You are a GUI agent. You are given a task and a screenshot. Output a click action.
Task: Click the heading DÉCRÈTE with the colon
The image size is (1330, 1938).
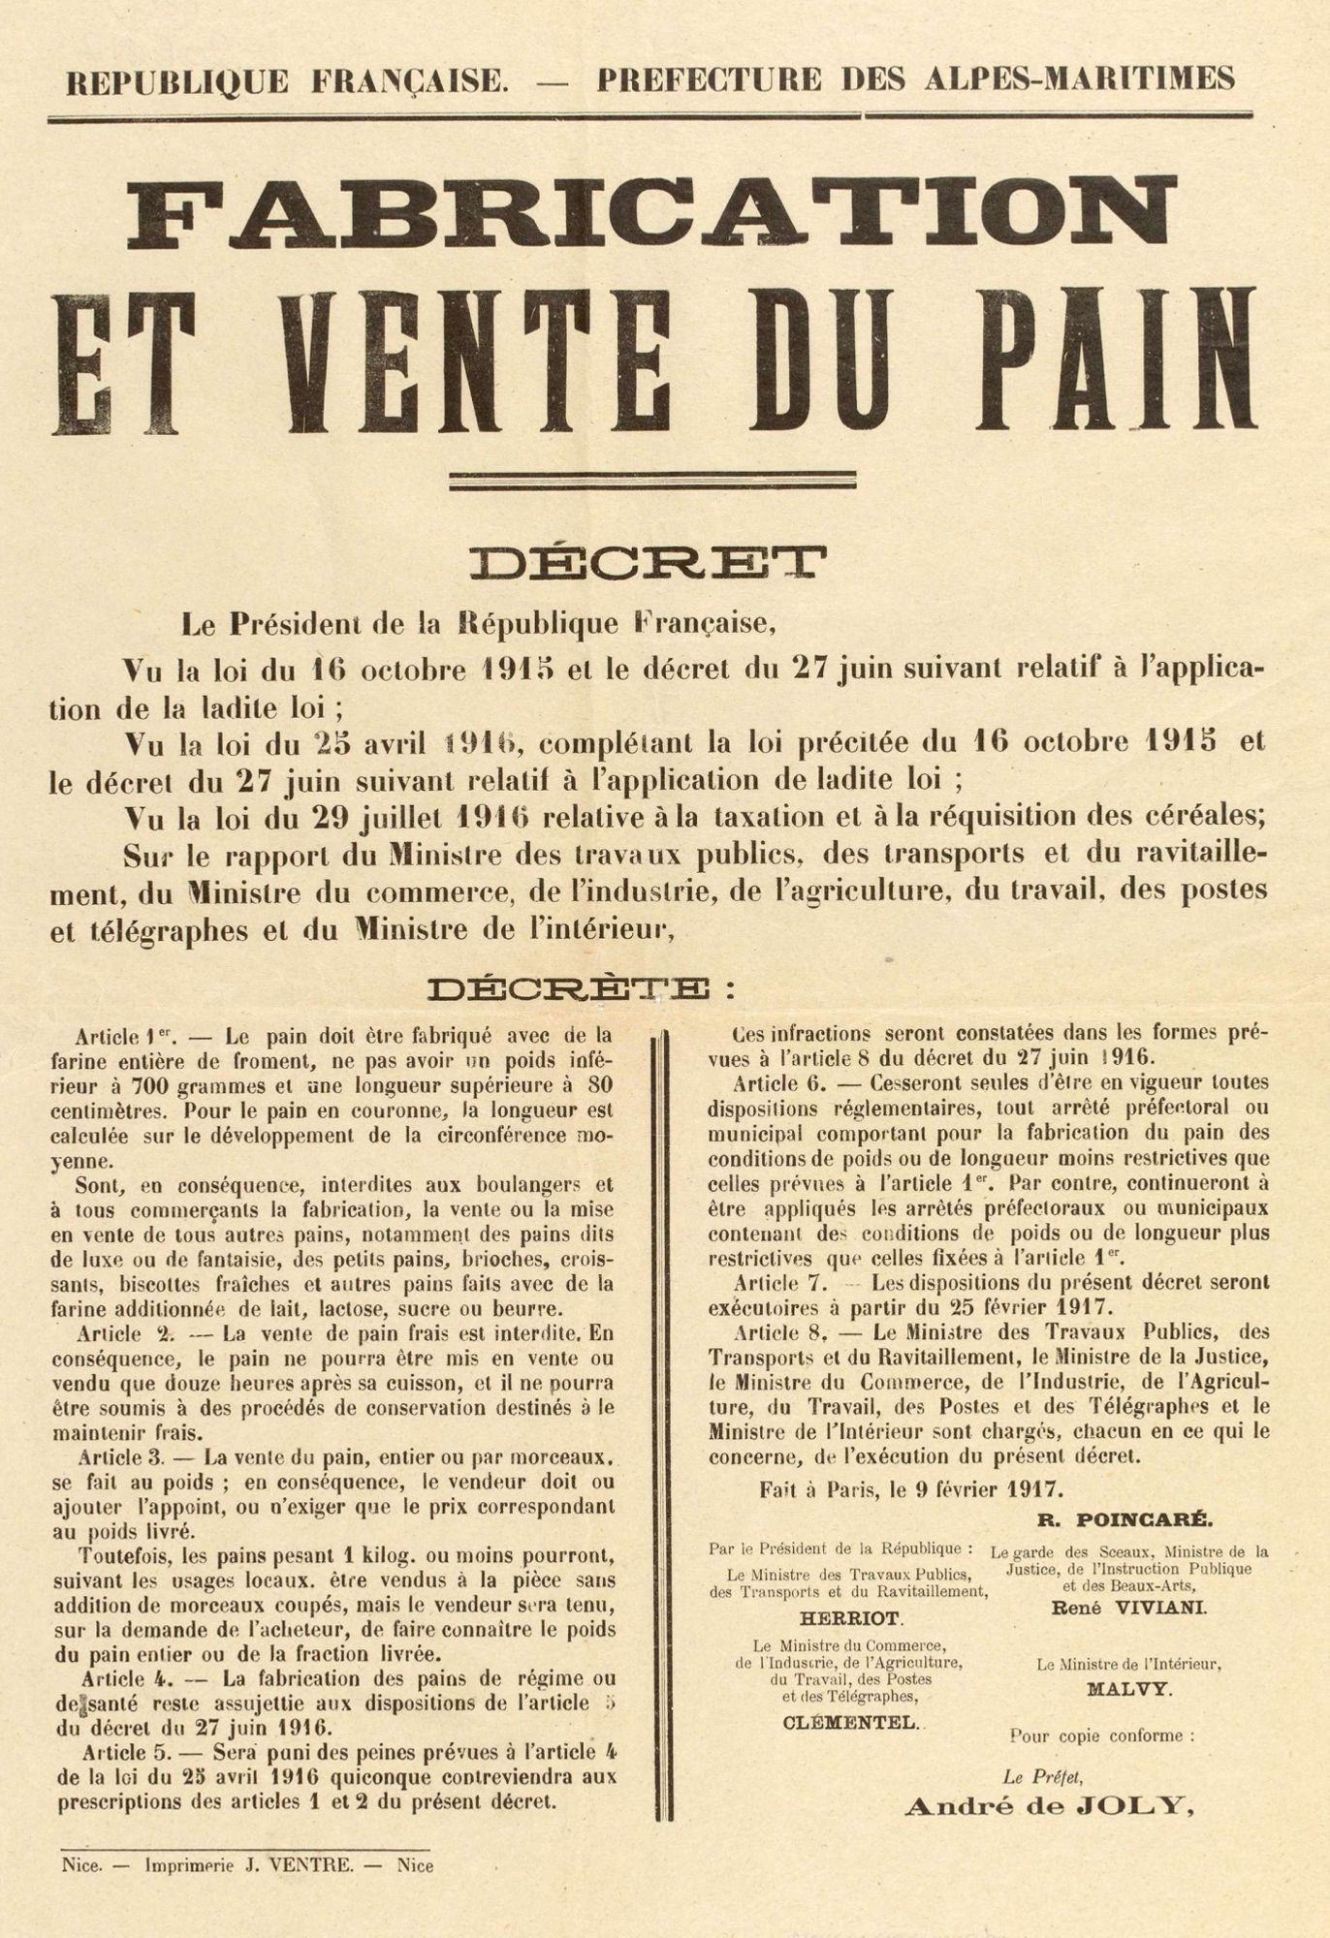[x=582, y=989]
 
